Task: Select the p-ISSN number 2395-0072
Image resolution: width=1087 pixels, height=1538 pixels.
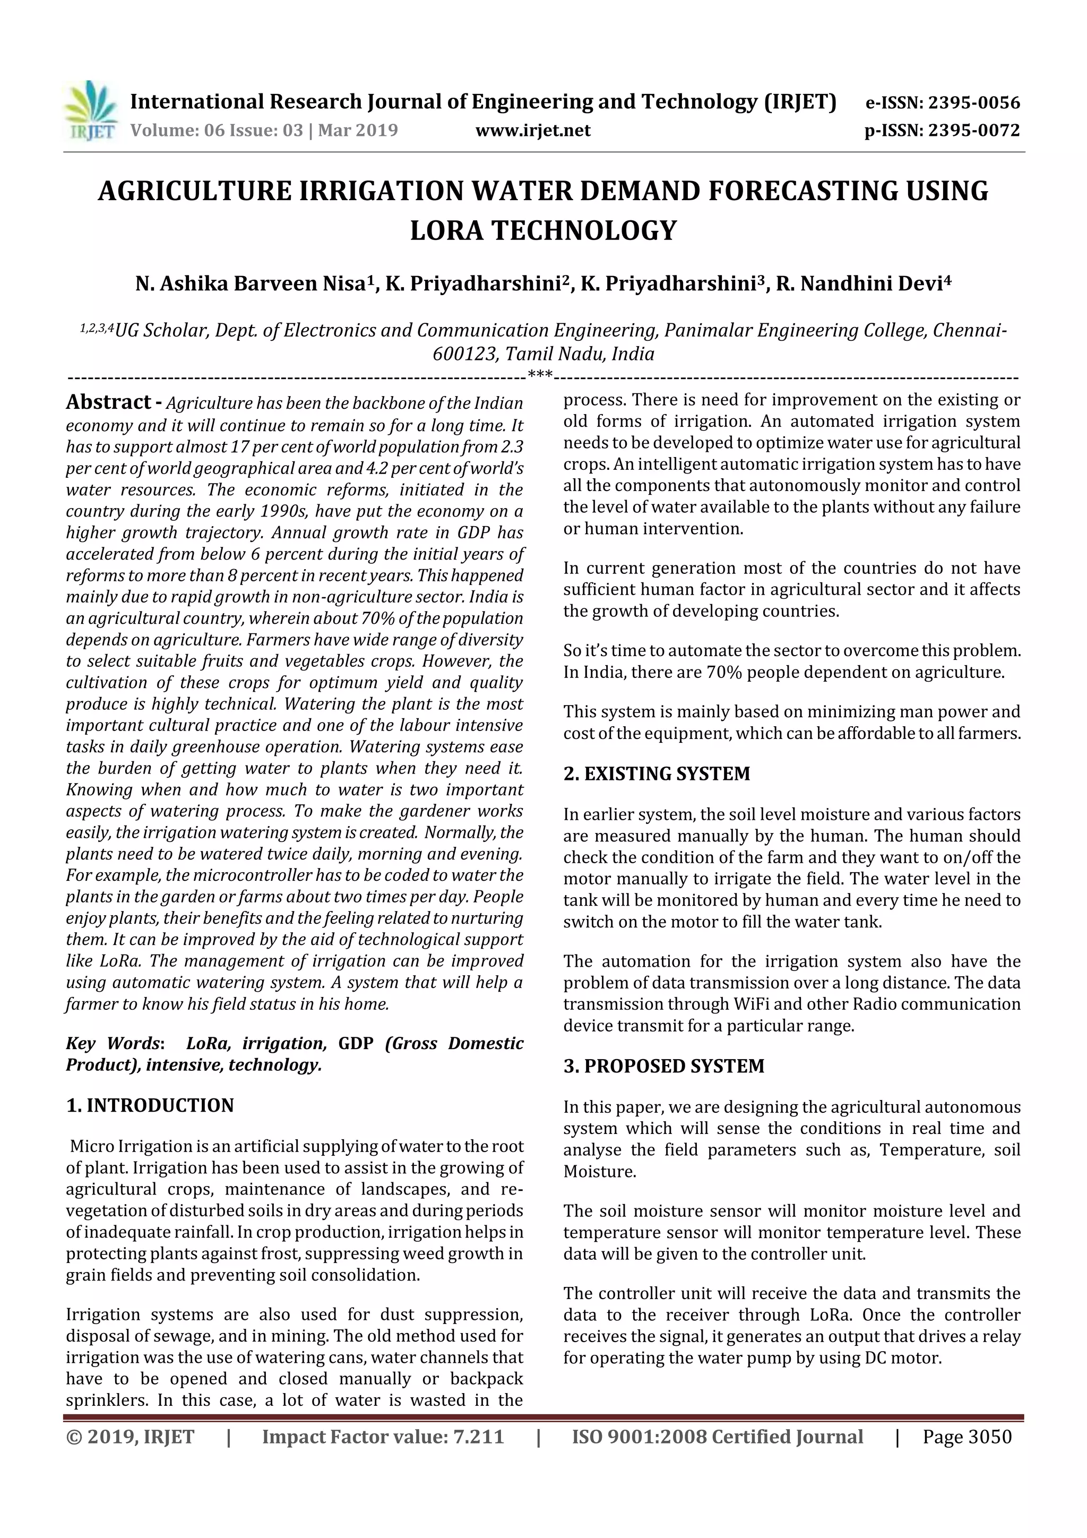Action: click(974, 130)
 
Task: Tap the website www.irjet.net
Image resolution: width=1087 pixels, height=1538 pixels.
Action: click(533, 130)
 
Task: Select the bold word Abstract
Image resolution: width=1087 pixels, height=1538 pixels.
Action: click(108, 402)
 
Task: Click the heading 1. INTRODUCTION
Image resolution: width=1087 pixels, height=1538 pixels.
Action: click(150, 1105)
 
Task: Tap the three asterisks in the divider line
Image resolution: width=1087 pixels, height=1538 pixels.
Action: click(540, 374)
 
